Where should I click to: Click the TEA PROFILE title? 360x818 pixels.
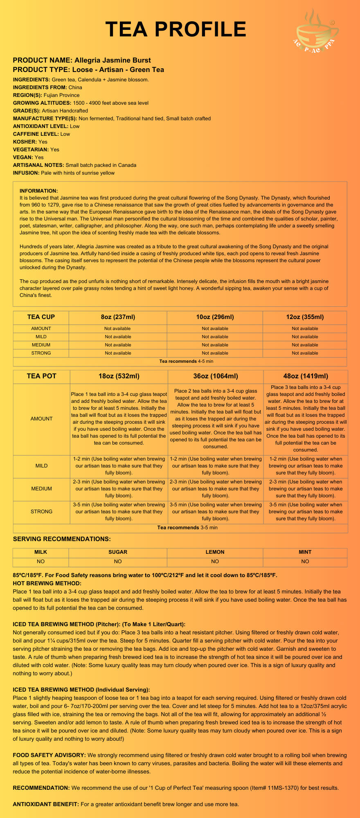point(176,29)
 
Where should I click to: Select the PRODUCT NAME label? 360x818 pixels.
point(43,60)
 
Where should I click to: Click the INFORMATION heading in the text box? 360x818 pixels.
point(38,191)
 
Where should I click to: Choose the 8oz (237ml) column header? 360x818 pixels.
point(118,317)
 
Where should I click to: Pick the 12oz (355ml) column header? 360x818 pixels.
point(305,317)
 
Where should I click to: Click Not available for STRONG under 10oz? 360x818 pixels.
point(215,353)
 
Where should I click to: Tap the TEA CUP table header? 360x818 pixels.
point(41,317)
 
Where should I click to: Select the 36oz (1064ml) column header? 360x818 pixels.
point(215,376)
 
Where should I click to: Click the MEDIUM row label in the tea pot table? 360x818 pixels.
point(42,489)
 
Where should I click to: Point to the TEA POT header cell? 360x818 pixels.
point(42,376)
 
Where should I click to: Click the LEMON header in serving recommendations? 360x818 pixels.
point(215,552)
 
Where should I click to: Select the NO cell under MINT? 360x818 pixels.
point(305,562)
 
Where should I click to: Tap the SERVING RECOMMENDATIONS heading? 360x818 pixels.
point(62,539)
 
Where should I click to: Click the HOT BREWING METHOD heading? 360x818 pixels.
point(47,583)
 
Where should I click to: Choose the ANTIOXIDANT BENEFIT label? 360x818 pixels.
point(46,805)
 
